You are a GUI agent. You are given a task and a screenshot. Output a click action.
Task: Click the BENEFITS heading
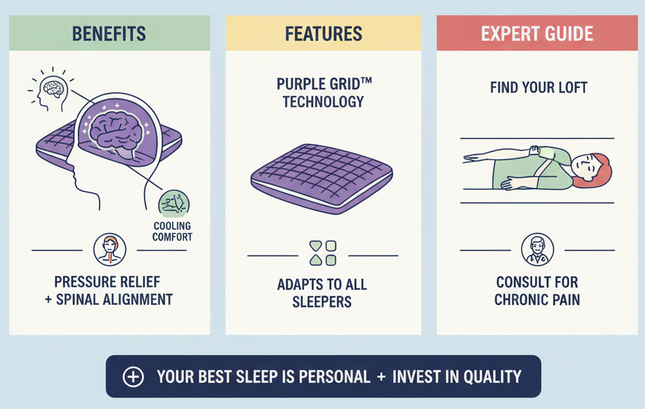coord(108,33)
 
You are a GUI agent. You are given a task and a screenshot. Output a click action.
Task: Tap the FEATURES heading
coord(323,33)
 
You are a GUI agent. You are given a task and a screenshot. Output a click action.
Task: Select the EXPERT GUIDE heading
coord(537,33)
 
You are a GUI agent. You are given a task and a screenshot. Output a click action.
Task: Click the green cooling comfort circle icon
coord(173,204)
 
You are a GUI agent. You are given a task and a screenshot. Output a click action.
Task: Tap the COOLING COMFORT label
coord(173,232)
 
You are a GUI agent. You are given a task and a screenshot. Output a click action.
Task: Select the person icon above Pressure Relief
coord(109,249)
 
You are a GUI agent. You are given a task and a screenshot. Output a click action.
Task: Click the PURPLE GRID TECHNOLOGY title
coord(323,93)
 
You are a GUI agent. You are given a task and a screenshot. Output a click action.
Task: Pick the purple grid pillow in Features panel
coord(322,175)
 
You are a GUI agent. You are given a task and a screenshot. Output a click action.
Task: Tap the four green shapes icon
coord(322,252)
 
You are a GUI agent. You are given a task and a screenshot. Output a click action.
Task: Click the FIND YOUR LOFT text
coord(538,88)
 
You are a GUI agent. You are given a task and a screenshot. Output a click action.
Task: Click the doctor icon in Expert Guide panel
coord(537,249)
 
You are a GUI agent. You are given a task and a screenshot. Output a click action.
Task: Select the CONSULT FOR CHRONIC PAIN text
coord(537,291)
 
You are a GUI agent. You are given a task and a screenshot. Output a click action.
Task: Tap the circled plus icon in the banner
coord(133,377)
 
